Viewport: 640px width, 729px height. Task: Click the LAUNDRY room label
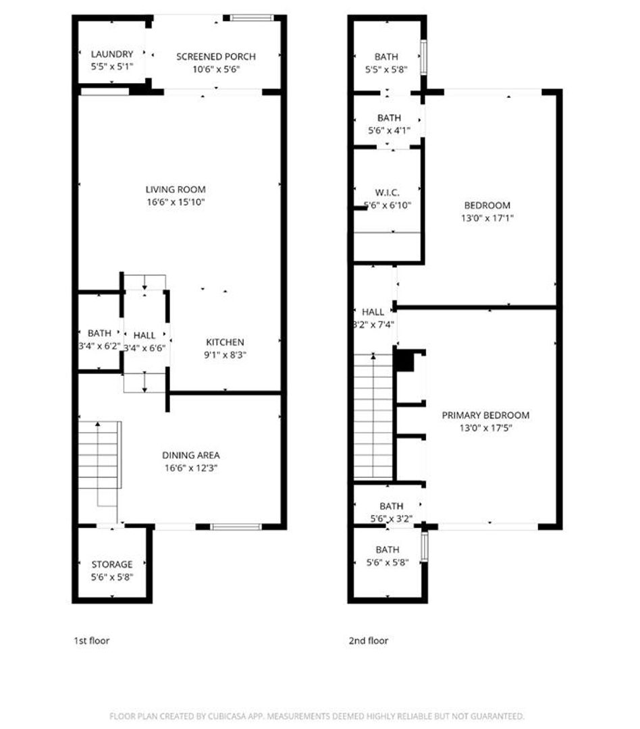tap(112, 54)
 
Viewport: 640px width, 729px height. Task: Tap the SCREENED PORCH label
tap(216, 56)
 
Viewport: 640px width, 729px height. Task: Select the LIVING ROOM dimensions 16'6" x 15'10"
tap(176, 202)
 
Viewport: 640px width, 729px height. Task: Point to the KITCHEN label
tap(225, 342)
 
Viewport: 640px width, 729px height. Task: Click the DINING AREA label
tap(191, 455)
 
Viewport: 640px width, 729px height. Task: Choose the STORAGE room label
tap(112, 564)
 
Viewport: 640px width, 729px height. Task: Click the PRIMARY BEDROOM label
tap(485, 415)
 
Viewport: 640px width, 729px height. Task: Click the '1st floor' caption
tap(91, 641)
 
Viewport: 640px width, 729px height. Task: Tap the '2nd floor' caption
tap(369, 641)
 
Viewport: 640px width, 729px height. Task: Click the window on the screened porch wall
tap(252, 18)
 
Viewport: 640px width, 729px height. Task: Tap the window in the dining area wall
tap(232, 526)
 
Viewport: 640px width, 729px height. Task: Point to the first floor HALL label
tap(144, 335)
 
